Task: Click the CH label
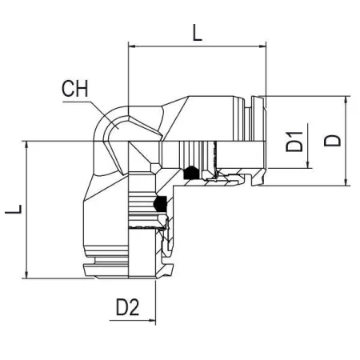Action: click(74, 89)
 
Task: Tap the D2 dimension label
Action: click(127, 307)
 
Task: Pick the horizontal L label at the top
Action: click(198, 33)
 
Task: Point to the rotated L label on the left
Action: click(14, 210)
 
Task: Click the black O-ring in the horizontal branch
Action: click(191, 173)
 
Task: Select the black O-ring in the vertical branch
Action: click(160, 203)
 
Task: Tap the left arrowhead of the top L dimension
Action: click(132, 46)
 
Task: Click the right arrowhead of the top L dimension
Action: click(262, 46)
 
